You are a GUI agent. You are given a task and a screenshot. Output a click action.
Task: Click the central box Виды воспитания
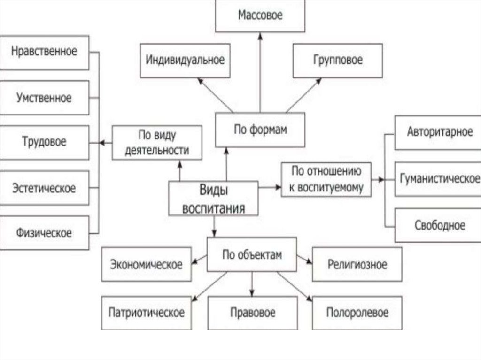[213, 199]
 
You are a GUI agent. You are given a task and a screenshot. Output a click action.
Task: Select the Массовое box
[260, 15]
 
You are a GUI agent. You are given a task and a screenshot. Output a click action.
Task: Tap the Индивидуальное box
[185, 61]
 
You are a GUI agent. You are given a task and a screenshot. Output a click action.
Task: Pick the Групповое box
[337, 61]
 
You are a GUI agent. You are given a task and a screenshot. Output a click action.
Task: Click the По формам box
[260, 130]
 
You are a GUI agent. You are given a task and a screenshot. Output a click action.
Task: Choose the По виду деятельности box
[157, 143]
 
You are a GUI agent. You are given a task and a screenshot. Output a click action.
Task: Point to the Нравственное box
[44, 52]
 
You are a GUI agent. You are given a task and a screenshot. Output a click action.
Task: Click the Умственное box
[44, 98]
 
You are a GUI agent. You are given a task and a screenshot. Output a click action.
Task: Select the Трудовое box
[44, 142]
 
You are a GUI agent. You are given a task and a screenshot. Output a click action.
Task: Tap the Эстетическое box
[44, 188]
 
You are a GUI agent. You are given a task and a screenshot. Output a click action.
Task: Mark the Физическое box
[44, 233]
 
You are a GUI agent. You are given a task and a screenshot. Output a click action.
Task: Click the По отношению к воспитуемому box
[326, 179]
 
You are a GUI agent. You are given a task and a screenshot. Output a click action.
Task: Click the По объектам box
[252, 254]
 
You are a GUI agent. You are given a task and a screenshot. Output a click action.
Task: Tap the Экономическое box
[146, 265]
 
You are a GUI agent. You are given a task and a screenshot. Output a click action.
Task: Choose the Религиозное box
[357, 265]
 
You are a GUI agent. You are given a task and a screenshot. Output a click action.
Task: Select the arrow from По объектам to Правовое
[252, 283]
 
